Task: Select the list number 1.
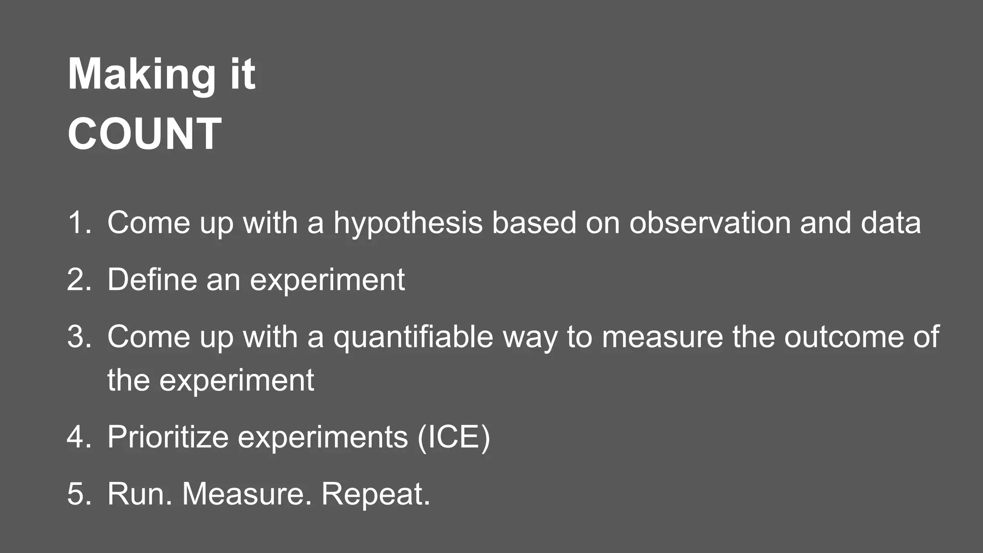pos(78,223)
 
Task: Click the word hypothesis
pos(408,224)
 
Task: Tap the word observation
pos(709,223)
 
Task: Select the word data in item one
pos(891,223)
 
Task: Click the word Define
pos(152,279)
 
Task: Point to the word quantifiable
pos(413,337)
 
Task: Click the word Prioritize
pos(168,437)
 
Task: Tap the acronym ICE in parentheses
pos(454,437)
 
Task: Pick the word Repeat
pos(375,494)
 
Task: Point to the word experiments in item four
pos(323,438)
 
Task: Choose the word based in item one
pos(534,223)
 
